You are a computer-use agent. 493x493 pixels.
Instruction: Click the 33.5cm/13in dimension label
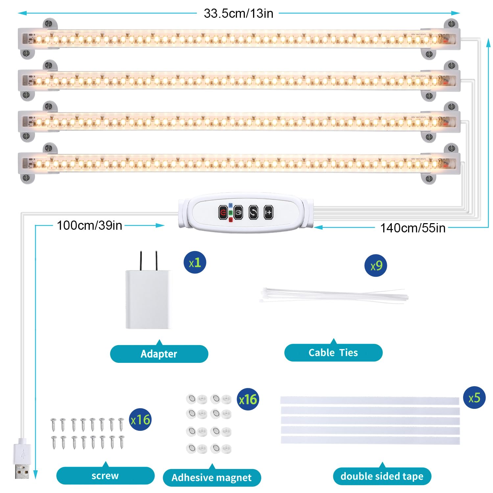coord(238,13)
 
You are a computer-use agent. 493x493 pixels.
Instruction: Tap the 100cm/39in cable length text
coord(89,225)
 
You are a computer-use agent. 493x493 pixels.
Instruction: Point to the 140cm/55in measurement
coord(413,228)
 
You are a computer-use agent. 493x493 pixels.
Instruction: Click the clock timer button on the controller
coord(238,212)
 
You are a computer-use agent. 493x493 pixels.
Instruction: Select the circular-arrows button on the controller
coord(253,212)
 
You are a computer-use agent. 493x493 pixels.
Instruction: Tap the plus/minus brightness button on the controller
coord(269,212)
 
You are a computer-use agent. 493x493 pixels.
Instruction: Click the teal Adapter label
coord(159,354)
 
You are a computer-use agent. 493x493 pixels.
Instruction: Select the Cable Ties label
coord(333,353)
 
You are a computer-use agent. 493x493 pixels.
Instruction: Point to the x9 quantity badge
coord(376,266)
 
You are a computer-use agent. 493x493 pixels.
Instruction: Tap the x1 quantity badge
coord(195,263)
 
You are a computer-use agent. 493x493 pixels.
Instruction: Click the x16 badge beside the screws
coord(140,420)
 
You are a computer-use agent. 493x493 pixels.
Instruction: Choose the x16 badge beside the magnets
coord(248,399)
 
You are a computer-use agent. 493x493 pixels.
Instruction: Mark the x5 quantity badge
coord(474,398)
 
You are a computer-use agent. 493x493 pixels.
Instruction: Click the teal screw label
coord(105,476)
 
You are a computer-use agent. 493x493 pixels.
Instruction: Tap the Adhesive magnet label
coord(212,478)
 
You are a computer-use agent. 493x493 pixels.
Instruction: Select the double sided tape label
coord(382,476)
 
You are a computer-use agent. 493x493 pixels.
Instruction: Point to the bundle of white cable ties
coord(334,295)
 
